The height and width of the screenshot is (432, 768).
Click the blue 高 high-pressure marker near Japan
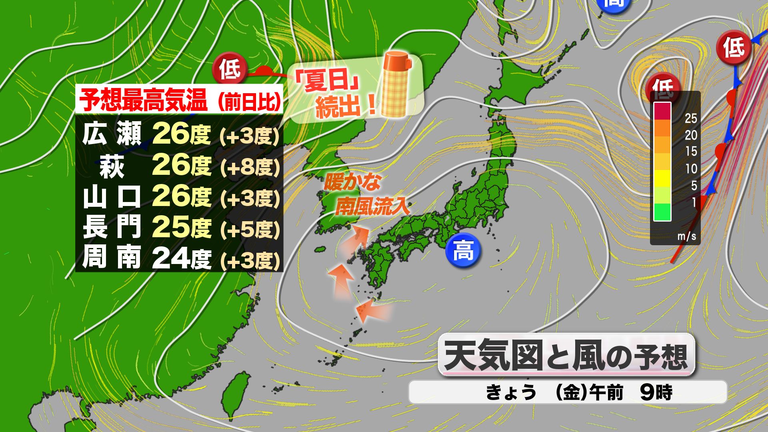pos(463,251)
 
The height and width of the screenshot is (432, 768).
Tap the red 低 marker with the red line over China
pos(230,69)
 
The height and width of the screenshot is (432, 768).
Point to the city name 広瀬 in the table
pos(112,134)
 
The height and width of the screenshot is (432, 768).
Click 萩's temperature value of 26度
pos(181,165)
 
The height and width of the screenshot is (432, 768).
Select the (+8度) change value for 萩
pos(250,167)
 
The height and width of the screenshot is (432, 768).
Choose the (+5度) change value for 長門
pos(250,230)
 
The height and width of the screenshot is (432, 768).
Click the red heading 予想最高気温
pos(143,100)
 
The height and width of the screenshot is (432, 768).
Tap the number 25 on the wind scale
pos(691,118)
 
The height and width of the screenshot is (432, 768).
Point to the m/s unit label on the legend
pos(686,236)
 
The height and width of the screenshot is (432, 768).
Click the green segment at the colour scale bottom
pos(662,212)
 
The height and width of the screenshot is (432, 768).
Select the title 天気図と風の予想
pos(566,355)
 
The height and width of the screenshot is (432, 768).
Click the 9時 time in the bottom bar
pos(656,392)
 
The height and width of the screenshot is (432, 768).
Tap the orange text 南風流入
pos(372,206)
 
